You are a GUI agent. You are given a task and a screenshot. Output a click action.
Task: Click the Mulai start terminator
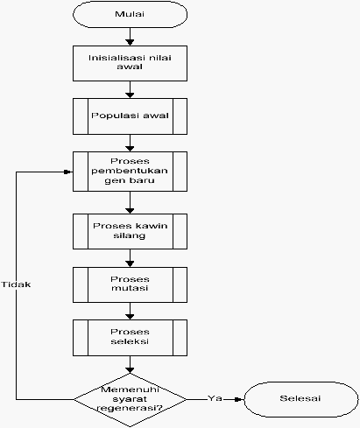(130, 14)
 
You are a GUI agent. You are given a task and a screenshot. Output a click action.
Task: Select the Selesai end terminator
(301, 399)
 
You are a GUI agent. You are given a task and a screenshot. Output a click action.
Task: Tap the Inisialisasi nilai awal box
(130, 63)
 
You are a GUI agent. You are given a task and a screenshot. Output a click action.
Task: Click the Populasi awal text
(130, 116)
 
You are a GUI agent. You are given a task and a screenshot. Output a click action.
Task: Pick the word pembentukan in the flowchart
(130, 171)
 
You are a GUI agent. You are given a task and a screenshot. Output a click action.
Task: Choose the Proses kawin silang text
(130, 230)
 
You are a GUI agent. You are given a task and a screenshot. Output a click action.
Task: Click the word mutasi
(130, 288)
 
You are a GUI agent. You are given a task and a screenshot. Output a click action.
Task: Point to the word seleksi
(130, 341)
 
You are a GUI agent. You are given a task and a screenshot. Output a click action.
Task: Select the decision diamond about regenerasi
(130, 399)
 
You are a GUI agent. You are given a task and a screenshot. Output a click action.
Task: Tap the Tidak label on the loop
(16, 284)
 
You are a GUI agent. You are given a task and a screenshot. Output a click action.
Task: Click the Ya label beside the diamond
(215, 398)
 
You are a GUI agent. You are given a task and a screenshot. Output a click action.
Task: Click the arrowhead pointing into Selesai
(239, 399)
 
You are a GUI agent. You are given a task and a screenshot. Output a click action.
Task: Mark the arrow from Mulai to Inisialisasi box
(130, 37)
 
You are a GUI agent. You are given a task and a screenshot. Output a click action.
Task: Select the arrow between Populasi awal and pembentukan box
(130, 143)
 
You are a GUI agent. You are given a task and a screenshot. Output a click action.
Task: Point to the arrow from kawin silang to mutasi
(130, 258)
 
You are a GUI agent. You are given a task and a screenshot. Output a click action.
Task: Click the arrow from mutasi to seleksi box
(130, 312)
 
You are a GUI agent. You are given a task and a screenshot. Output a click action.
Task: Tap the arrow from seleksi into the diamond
(130, 364)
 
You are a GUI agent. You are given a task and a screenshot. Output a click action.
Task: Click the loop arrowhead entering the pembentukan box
(68, 172)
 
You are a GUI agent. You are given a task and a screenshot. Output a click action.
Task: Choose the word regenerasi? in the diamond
(130, 408)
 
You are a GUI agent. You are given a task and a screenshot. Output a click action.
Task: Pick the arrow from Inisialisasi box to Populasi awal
(130, 89)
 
